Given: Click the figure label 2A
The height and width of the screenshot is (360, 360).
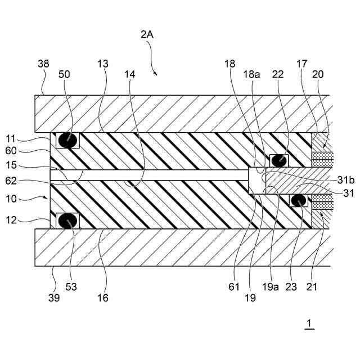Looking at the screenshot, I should (147, 34).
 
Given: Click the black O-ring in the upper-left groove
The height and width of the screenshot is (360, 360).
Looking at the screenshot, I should (67, 140).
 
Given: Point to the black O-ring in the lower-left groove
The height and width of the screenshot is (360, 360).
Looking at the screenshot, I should (67, 220).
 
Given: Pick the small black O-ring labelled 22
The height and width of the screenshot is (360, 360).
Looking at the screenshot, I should (278, 160).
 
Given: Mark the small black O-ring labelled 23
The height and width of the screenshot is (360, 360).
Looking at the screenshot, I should (298, 200).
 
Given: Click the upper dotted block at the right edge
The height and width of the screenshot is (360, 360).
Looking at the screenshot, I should (323, 159).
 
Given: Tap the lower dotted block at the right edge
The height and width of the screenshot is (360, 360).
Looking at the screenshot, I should (322, 201).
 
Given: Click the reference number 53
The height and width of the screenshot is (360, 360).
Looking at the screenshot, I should (71, 287).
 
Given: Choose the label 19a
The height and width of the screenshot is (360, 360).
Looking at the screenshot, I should (270, 287).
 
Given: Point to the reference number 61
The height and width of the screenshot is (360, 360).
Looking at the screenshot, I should (234, 287).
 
